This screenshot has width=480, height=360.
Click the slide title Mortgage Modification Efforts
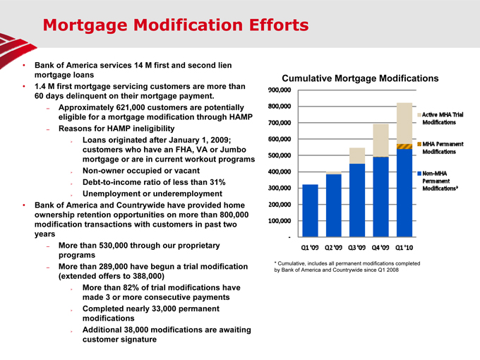point(175,25)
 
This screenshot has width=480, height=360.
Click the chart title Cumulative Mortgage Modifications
point(360,78)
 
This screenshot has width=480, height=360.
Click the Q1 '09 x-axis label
point(310,247)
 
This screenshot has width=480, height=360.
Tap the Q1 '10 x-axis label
point(404,247)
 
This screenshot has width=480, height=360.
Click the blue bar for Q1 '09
point(310,210)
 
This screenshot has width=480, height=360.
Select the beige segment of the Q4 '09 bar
point(381,140)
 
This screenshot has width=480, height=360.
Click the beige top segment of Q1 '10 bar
point(404,123)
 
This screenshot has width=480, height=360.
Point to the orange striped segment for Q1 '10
point(404,146)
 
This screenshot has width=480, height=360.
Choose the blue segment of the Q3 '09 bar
point(357,200)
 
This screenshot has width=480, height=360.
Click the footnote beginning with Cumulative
point(346,267)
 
